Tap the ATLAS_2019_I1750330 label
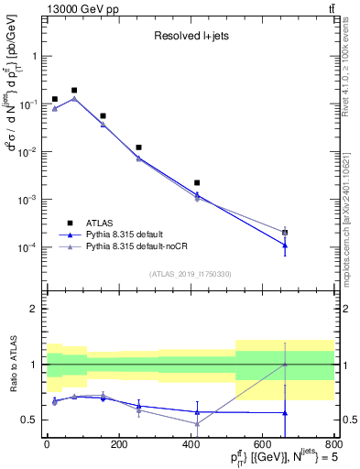tap(190, 273)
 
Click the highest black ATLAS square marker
tap(73, 91)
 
